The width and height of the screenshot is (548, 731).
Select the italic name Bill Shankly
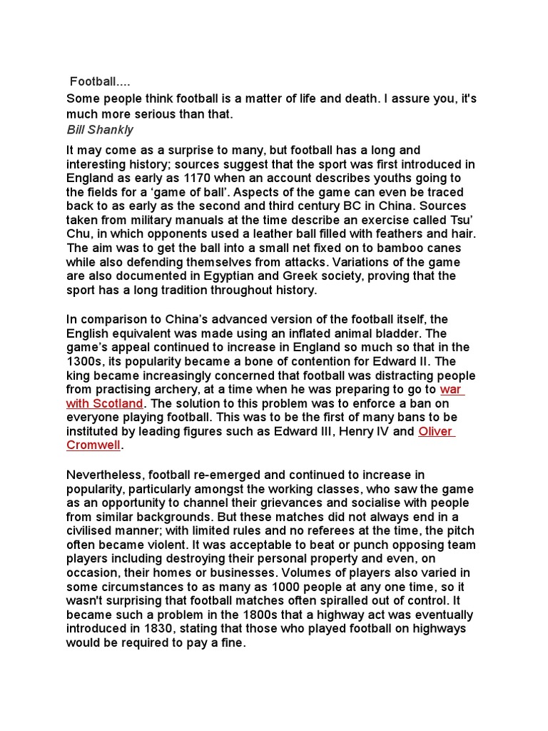click(x=100, y=130)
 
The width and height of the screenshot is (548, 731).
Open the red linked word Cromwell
click(x=93, y=445)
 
